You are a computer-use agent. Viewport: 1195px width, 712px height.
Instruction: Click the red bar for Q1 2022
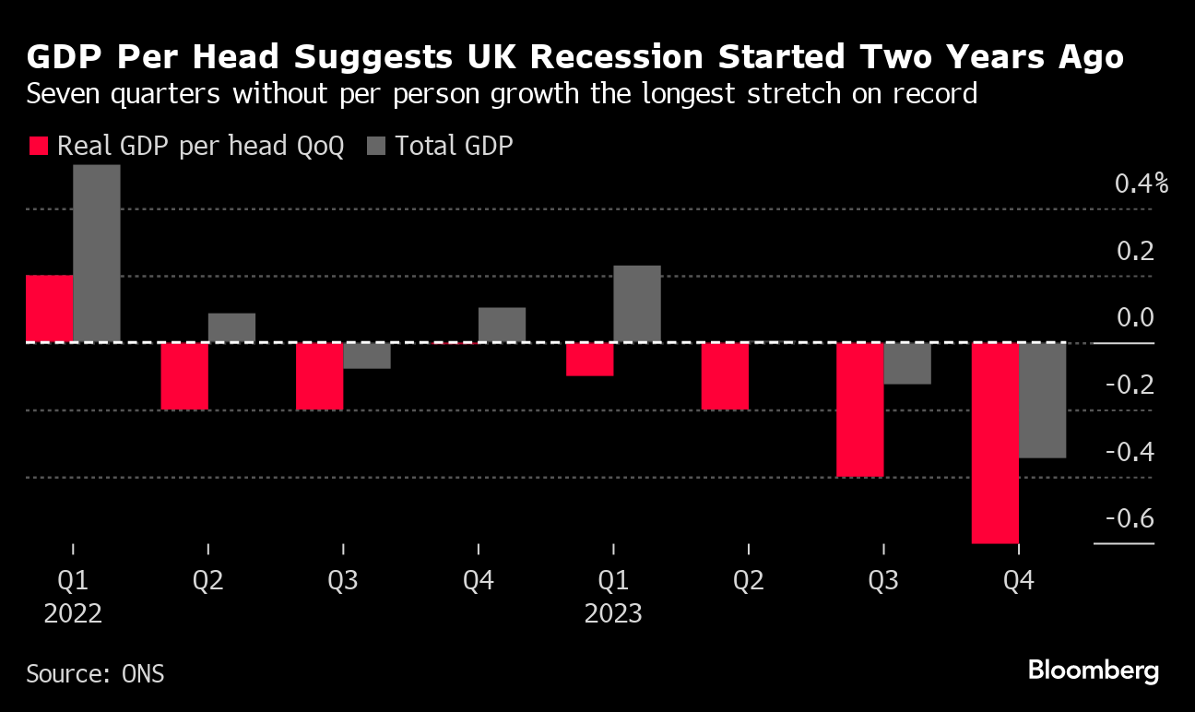coord(50,309)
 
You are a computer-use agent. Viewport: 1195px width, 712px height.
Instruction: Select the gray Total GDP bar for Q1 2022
coord(97,254)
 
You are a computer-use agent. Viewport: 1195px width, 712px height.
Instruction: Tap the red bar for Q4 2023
coord(996,443)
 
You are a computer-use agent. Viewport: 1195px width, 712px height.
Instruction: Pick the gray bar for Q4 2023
coord(1043,400)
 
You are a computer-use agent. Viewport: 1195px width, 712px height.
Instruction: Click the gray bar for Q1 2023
coord(637,304)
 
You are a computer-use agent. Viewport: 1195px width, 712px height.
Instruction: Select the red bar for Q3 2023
coord(860,409)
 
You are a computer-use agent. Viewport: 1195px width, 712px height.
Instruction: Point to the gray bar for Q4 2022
coord(502,325)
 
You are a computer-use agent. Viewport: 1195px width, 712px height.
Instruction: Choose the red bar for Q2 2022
coord(184,375)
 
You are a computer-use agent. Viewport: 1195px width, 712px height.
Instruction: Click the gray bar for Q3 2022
coord(367,356)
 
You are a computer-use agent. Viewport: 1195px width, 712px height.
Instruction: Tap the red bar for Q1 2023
coord(590,360)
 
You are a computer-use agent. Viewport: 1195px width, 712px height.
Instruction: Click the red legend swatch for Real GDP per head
coord(38,146)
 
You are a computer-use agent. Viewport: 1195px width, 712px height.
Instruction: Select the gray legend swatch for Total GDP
coord(377,146)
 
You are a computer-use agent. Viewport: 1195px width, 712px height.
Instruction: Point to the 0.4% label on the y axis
coord(1141,184)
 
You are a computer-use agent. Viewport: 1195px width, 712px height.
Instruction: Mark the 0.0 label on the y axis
coord(1133,318)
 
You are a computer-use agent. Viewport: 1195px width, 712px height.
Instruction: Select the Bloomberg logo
coord(1094,670)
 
